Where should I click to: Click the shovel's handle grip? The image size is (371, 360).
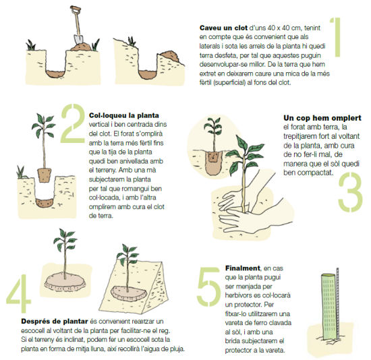click(76, 9)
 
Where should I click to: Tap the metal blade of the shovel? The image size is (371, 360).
click(78, 40)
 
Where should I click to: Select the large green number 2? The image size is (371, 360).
click(73, 123)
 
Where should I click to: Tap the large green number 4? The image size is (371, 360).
click(19, 293)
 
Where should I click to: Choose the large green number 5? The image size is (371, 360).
click(208, 287)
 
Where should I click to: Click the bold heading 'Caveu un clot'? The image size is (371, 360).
click(223, 28)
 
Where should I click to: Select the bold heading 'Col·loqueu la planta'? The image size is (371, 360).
click(124, 116)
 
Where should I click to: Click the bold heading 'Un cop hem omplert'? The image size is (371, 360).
click(322, 118)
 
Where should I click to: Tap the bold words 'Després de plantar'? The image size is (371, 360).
click(55, 322)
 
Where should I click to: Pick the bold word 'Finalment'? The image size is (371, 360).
click(243, 268)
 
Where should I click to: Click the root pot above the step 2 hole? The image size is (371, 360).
click(45, 175)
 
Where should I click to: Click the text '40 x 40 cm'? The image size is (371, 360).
click(284, 28)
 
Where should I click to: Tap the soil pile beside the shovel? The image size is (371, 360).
click(81, 47)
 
